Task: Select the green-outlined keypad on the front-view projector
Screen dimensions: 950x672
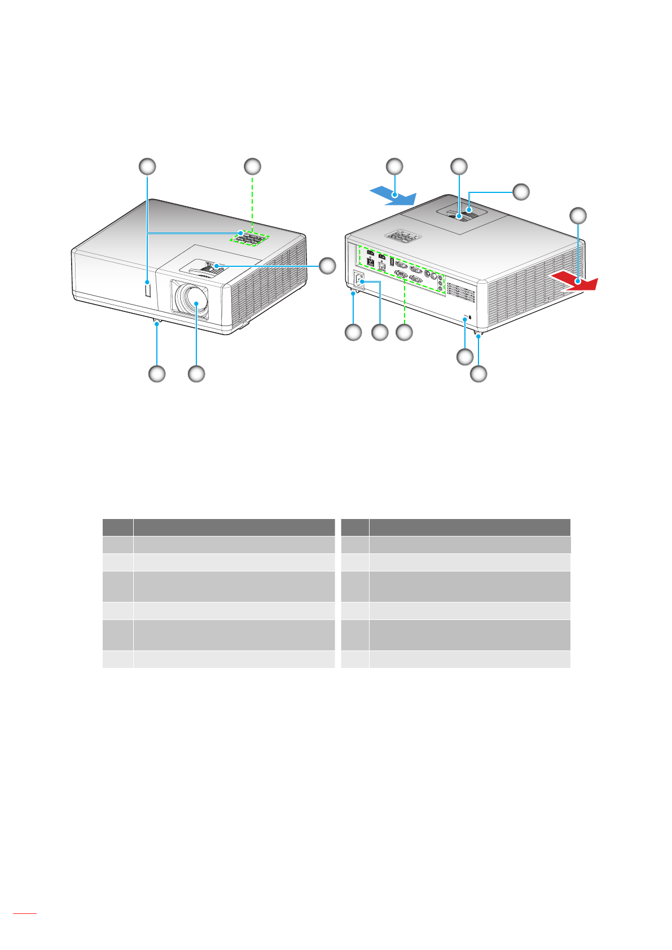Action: tap(249, 239)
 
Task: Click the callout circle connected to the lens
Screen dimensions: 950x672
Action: tap(196, 373)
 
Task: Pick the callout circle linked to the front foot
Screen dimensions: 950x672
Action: tap(157, 373)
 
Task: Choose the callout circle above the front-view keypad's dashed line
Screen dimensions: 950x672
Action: tap(252, 166)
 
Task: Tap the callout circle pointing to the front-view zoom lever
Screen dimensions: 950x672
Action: tap(327, 265)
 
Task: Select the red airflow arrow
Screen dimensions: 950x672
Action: tap(573, 280)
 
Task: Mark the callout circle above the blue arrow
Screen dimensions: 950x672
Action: tap(394, 166)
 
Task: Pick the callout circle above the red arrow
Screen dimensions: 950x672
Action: tap(577, 215)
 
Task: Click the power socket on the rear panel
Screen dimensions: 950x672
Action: tap(358, 280)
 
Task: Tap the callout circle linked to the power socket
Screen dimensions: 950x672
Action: tap(380, 333)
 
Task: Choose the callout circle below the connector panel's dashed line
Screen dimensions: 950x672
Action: tap(405, 333)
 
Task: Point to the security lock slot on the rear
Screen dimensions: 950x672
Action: tap(464, 320)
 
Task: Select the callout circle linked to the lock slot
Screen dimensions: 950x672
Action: tap(464, 357)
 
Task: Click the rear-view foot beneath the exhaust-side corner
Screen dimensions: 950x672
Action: tap(478, 336)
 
